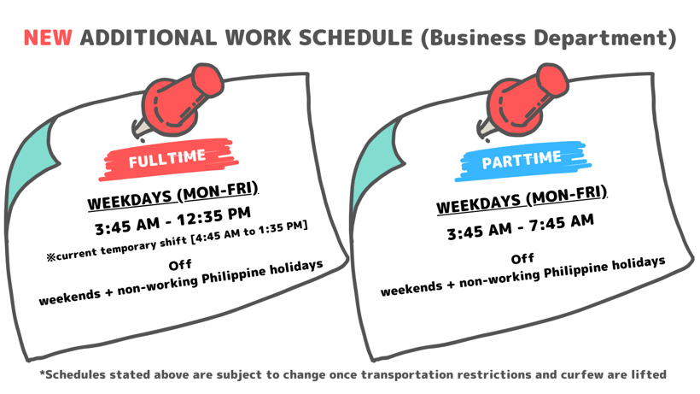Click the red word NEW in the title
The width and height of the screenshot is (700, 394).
pos(48,38)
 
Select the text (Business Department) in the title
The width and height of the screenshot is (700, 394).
pos(549,38)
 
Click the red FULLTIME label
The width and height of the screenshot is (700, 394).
pos(167,159)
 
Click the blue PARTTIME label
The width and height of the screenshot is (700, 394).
pos(522,161)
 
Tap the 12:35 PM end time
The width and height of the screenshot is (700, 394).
pos(213,217)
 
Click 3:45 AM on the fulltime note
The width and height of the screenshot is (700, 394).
pos(127,226)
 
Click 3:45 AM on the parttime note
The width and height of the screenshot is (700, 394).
pos(480,231)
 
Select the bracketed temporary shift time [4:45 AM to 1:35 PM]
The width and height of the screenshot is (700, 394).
pos(249,232)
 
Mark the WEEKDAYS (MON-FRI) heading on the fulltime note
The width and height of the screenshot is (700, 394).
pos(172,196)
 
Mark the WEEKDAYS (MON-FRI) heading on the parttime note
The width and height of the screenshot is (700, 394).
pos(522,200)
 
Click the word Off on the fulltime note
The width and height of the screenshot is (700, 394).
pos(180,265)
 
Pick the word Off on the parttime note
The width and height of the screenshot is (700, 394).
pos(522,259)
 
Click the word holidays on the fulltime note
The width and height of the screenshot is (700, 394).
pos(296,268)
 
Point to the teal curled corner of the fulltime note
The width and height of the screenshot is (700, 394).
pos(32,165)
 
